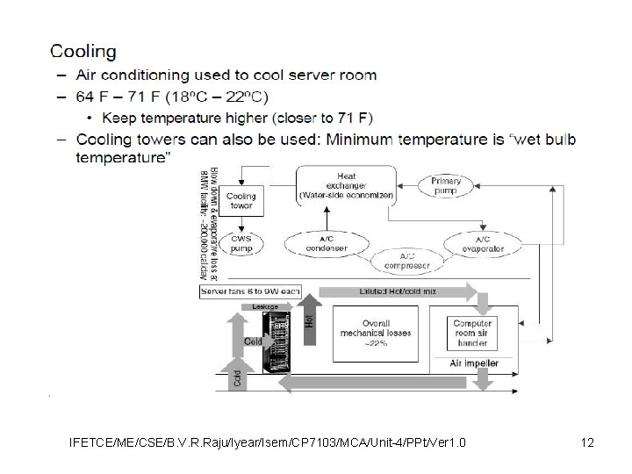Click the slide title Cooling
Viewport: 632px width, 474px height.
coord(83,54)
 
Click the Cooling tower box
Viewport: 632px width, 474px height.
coord(241,201)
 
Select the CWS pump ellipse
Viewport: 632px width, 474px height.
coord(241,243)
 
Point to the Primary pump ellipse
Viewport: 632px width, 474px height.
coord(447,186)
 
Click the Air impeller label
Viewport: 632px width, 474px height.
coord(473,363)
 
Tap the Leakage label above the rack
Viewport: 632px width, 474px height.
coord(265,306)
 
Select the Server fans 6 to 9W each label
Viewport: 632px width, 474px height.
coord(251,291)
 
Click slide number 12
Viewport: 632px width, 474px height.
coord(587,442)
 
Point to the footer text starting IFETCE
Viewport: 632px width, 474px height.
coord(267,442)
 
